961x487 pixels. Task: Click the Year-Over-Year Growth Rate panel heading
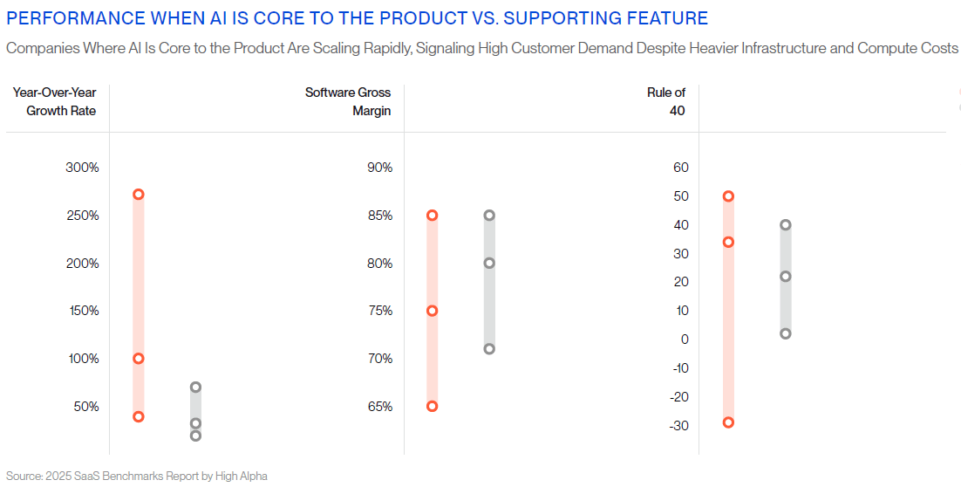(54, 101)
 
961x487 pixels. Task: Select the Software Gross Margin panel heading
(348, 101)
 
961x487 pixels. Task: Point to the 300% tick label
(83, 168)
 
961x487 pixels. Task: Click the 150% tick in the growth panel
(83, 311)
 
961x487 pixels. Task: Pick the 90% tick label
(379, 168)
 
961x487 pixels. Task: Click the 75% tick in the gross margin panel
(379, 311)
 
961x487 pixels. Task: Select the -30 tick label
(678, 425)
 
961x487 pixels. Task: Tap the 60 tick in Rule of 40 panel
(681, 168)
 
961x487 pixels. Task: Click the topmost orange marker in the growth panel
(138, 195)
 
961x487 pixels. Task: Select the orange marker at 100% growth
(138, 359)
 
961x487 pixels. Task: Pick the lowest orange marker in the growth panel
(138, 416)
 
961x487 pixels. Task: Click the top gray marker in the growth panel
(195, 387)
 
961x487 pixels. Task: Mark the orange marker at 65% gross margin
(432, 406)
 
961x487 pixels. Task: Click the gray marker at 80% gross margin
(489, 263)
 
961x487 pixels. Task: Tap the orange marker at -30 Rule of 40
(728, 422)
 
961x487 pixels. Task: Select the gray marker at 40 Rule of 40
(786, 225)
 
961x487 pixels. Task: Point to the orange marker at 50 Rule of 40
(728, 196)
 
